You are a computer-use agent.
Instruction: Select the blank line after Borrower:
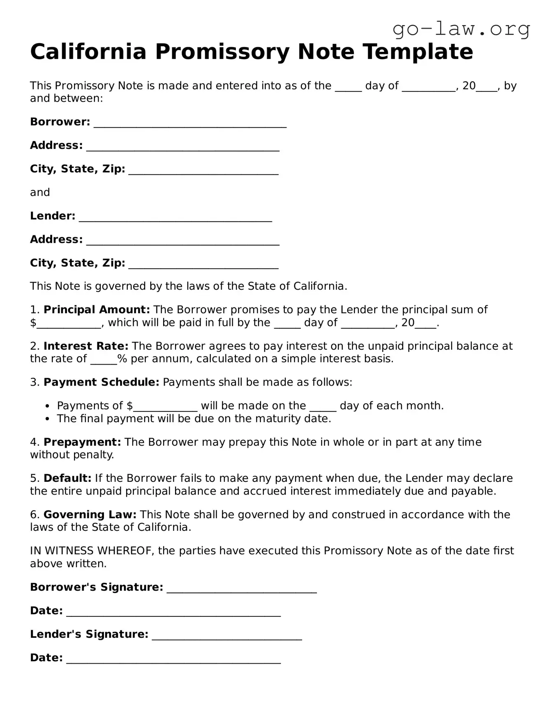(x=190, y=123)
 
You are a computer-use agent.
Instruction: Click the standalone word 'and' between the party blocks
(x=40, y=192)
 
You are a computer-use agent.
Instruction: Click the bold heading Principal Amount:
(x=97, y=309)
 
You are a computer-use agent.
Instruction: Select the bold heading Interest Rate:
(x=86, y=346)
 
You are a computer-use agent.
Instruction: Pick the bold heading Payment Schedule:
(x=101, y=382)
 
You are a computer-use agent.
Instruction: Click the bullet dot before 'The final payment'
(x=48, y=419)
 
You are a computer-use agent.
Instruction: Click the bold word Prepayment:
(x=82, y=442)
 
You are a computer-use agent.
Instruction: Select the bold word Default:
(x=67, y=478)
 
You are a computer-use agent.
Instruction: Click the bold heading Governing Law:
(x=90, y=514)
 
